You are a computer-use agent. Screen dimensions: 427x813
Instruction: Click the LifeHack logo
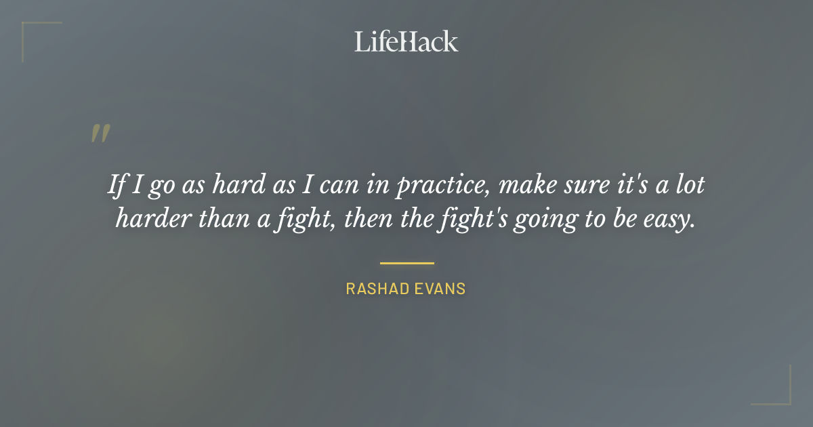[406, 41]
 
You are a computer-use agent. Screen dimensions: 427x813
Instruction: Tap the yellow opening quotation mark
[100, 134]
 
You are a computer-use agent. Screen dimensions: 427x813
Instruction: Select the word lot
[690, 185]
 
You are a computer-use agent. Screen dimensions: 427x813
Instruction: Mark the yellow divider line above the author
[406, 263]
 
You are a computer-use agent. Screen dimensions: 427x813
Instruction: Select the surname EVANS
[442, 289]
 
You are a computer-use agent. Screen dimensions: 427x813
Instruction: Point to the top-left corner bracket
[27, 27]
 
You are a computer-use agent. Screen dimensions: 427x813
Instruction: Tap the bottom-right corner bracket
[785, 399]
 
